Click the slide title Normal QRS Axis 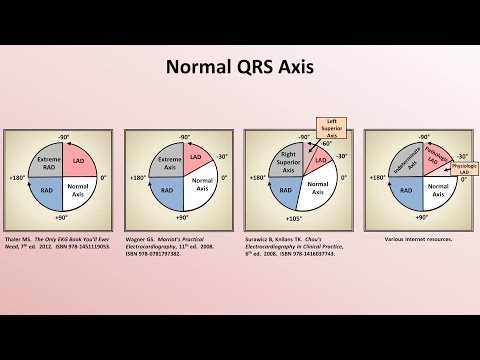[x=240, y=67]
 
